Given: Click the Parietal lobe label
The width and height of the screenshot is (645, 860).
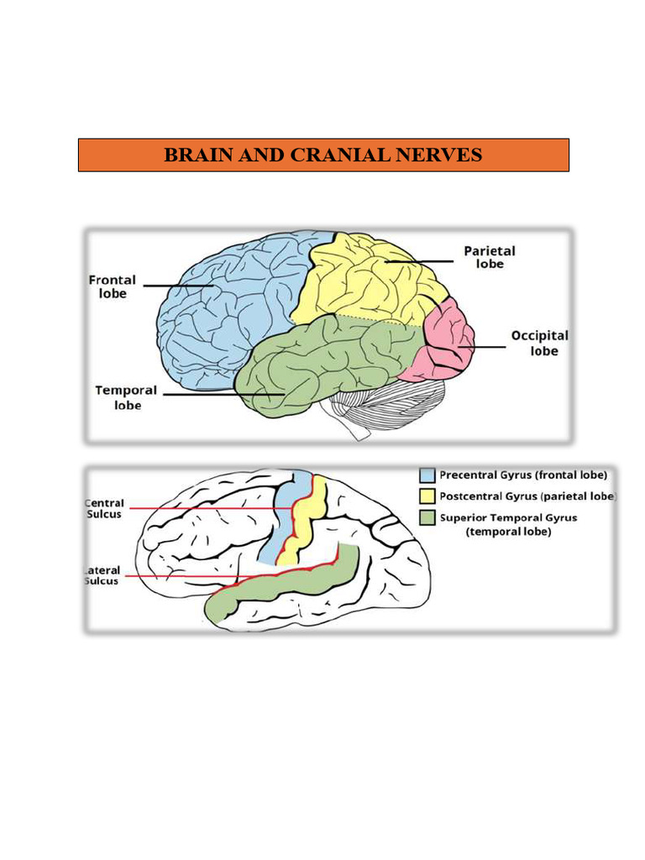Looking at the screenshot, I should [x=489, y=257].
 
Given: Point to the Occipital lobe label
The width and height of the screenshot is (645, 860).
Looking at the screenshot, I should [x=540, y=343].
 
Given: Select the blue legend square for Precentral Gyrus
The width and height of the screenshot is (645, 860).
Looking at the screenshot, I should [x=427, y=475].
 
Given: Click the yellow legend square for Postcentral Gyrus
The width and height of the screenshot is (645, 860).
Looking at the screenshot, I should [x=427, y=497].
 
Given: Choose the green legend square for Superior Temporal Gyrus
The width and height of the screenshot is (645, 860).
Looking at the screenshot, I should [x=427, y=518].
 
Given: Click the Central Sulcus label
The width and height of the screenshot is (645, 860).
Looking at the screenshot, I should [x=104, y=508].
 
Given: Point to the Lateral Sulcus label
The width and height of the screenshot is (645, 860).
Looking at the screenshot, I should [x=102, y=575].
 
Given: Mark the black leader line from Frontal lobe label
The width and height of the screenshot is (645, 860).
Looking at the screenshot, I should [x=176, y=286].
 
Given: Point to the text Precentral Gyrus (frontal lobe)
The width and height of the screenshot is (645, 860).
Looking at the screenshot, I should [x=522, y=475].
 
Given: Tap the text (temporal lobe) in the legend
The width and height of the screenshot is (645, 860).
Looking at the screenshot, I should [x=508, y=532].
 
